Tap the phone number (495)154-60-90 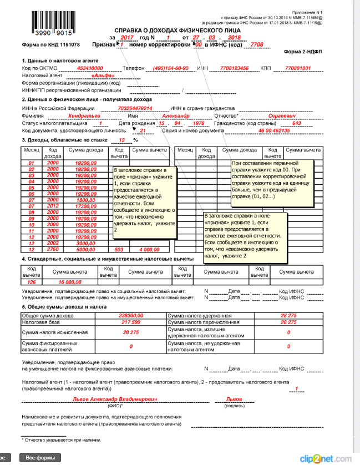pyautogui.click(x=171, y=68)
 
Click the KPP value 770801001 pyautogui.click(x=297, y=68)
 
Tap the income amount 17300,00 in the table pyautogui.click(x=87, y=206)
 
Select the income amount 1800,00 pyautogui.click(x=87, y=200)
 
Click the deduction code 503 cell pyautogui.click(x=119, y=249)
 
